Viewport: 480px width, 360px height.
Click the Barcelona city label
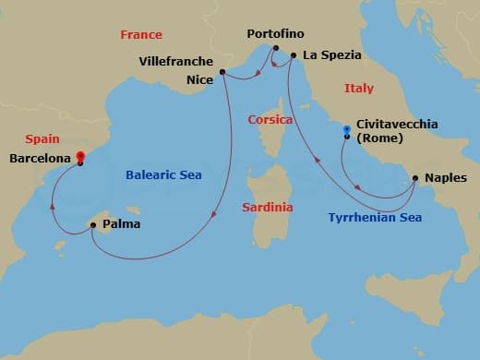coord(40,158)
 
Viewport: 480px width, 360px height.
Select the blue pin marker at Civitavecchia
coord(347,130)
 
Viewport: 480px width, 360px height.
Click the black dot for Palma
coord(92,223)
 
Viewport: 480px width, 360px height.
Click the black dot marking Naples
coord(415,177)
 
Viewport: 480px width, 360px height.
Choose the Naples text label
coord(445,177)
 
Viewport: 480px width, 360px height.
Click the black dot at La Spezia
coord(294,55)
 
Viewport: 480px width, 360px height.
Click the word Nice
coord(199,80)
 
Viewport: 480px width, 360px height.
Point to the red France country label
coord(140,35)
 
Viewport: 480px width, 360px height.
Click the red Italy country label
coord(358,89)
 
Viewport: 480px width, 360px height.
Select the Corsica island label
coord(270,120)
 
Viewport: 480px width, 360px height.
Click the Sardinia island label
coord(267,207)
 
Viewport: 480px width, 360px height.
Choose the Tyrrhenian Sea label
coord(375,218)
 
